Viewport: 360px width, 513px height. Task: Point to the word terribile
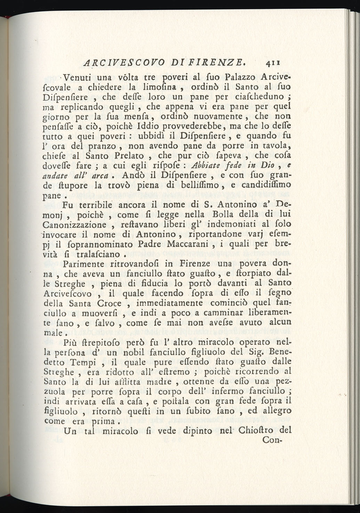(98, 204)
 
